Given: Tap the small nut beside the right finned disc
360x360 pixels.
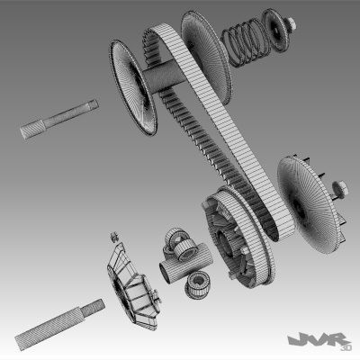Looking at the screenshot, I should coord(343,189).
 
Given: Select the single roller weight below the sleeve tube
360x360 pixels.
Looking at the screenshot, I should coord(197,286).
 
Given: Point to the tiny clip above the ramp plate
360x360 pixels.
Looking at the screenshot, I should coord(113,237).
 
